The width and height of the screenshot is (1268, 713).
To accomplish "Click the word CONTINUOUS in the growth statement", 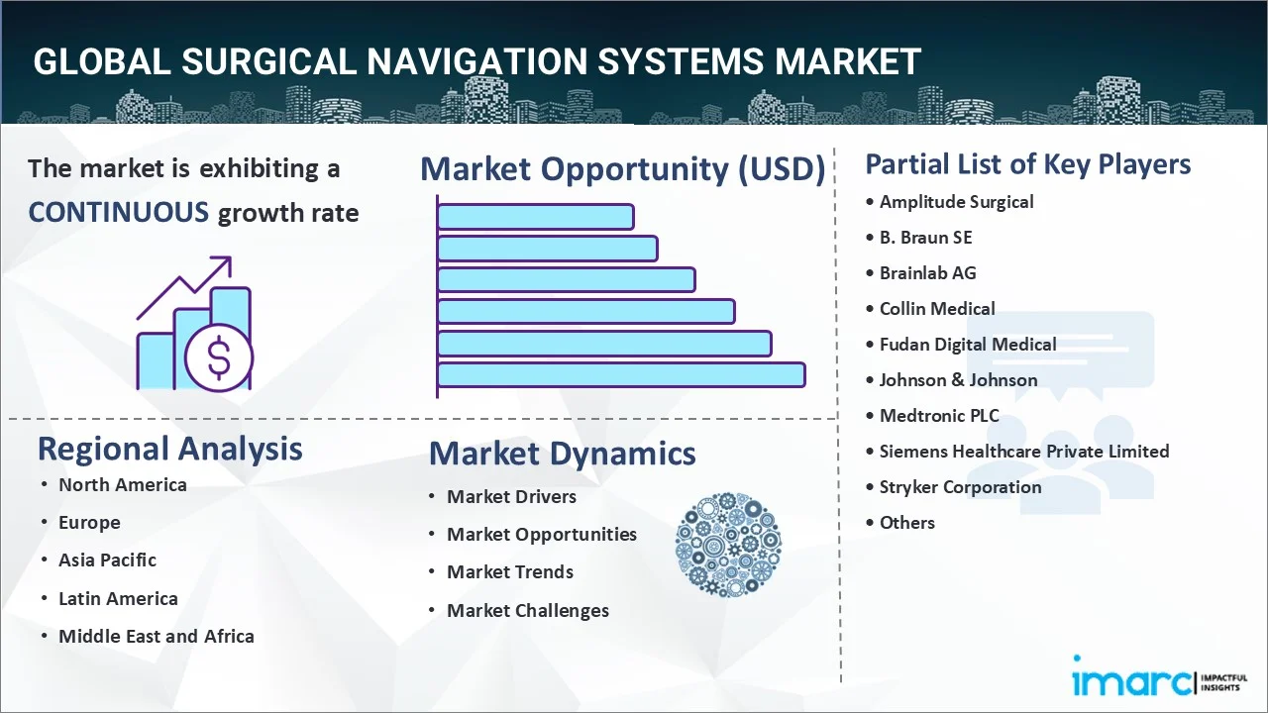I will tap(118, 212).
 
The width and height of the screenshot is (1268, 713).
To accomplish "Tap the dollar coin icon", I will tap(219, 358).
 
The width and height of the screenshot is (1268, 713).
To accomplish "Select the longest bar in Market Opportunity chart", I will tap(621, 374).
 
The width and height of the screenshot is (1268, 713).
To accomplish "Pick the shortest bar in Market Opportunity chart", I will tap(535, 216).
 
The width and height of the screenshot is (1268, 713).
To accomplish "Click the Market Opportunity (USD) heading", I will tap(622, 169).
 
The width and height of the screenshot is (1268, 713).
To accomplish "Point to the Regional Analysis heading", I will tap(169, 449).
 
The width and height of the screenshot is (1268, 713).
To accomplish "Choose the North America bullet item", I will tap(122, 484).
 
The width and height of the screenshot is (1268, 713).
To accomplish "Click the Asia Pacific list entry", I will tap(107, 560).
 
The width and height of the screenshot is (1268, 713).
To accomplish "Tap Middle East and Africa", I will tap(156, 636).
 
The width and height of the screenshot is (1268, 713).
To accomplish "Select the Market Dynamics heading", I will tap(562, 454).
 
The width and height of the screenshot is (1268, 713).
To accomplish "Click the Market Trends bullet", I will tap(509, 571).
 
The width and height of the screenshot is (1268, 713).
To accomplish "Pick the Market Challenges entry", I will tap(527, 610).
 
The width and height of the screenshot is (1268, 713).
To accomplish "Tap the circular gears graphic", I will tap(728, 545).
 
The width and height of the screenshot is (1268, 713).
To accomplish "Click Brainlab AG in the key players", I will tap(927, 272).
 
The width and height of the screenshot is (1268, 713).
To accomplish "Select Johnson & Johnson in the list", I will tap(958, 379).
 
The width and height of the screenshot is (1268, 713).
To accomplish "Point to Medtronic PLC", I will tap(939, 415).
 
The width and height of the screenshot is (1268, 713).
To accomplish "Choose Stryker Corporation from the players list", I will tap(960, 486).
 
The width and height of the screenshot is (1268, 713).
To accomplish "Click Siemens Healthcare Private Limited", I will tap(1023, 451).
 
